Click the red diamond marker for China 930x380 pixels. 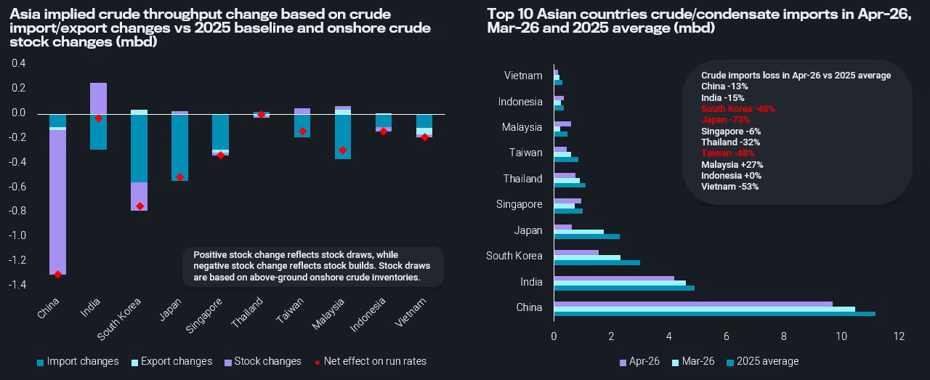point(58,274)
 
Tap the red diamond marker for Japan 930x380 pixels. point(179,177)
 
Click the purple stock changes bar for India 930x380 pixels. point(98,98)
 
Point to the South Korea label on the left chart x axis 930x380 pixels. point(121,319)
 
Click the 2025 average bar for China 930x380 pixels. point(714,314)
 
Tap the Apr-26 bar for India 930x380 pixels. point(614,278)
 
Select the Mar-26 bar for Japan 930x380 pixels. point(578,231)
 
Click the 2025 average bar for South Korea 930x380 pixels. point(597,262)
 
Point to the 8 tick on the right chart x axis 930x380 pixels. point(784,336)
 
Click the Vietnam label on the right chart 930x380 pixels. point(523,76)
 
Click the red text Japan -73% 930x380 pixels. point(725,119)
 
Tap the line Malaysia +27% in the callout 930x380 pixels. point(732,164)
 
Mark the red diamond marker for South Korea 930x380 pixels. point(139,206)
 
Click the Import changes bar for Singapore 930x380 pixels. point(220,131)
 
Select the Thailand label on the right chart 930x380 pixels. point(523,179)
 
